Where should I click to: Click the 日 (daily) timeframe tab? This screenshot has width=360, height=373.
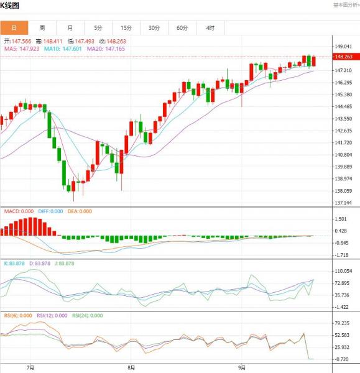(x=14, y=28)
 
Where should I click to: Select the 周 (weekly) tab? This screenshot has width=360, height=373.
(x=42, y=28)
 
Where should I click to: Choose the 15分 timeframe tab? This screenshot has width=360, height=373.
(x=126, y=28)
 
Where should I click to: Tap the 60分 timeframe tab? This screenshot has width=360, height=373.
(x=182, y=28)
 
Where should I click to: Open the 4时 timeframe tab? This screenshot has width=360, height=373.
(x=210, y=28)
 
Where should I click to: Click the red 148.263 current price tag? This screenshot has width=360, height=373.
(x=346, y=57)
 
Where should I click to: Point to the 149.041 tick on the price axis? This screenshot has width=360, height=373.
(x=343, y=47)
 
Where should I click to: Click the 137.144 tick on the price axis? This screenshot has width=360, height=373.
(x=343, y=203)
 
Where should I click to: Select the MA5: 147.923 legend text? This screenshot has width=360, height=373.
(x=22, y=49)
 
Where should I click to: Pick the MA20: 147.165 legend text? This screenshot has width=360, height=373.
(x=106, y=49)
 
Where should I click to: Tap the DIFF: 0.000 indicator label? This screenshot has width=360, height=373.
(x=50, y=211)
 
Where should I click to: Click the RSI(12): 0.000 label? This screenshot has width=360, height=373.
(x=52, y=315)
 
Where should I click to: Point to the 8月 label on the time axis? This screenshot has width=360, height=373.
(x=131, y=367)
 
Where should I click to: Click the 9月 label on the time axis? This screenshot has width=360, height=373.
(x=242, y=367)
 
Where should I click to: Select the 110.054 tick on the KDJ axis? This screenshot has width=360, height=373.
(x=343, y=271)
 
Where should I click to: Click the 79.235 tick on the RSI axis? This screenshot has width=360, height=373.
(x=342, y=323)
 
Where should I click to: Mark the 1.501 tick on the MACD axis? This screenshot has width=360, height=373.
(x=341, y=219)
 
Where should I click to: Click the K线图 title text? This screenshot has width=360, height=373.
(x=9, y=5)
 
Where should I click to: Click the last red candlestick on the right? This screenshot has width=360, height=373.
(x=314, y=61)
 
